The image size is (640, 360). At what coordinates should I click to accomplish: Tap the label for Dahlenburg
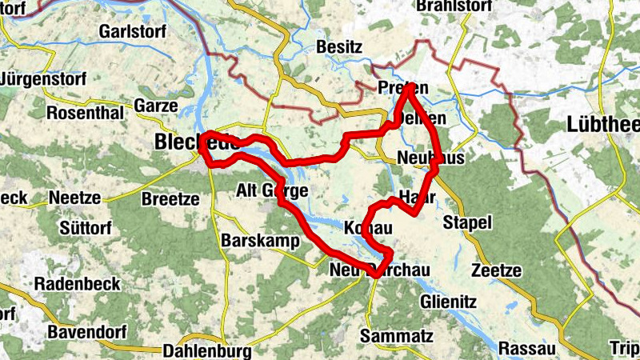(206, 350)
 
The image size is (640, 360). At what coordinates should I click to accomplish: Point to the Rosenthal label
(86, 113)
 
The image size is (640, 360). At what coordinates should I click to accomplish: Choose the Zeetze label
(496, 270)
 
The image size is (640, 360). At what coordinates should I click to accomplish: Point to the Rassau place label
(526, 349)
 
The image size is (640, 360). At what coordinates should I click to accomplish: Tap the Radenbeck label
(78, 284)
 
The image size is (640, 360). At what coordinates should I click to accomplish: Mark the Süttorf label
(86, 228)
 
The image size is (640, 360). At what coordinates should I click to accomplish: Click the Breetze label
(169, 198)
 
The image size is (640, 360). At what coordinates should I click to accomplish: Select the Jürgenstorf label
(40, 80)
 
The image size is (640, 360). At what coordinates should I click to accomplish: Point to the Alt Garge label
(272, 190)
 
